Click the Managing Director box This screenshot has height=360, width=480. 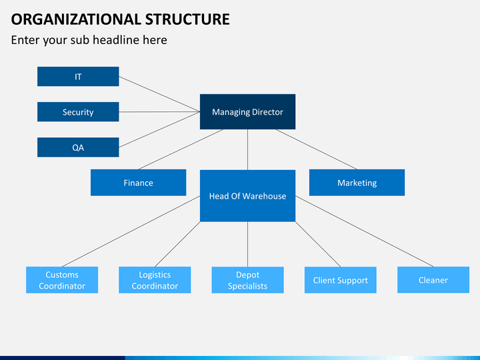[x=247, y=112]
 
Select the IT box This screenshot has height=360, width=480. [x=78, y=77]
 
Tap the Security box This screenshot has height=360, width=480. [x=78, y=112]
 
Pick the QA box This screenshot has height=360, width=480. [x=78, y=147]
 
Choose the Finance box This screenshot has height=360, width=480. [x=138, y=183]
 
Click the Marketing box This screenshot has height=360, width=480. [x=357, y=183]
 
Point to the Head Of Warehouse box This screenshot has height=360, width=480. [x=247, y=196]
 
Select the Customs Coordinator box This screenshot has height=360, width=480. [x=62, y=280]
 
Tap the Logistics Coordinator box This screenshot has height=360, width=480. [x=155, y=280]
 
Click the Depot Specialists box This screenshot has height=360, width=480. [x=247, y=280]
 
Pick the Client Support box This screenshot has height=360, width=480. [x=340, y=280]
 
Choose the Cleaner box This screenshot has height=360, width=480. [x=433, y=280]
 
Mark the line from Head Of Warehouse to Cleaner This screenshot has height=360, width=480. [x=364, y=231]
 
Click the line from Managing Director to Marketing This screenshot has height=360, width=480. [x=317, y=149]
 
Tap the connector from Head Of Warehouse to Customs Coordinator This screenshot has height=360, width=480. [x=131, y=231]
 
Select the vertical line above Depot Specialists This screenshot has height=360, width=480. [x=247, y=244]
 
